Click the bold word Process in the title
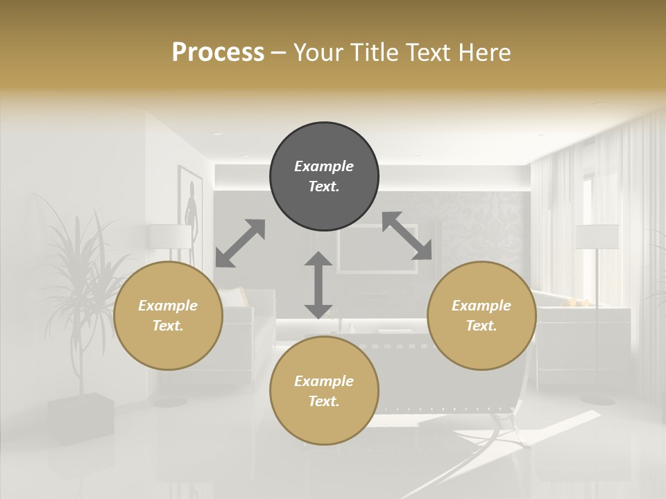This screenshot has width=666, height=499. coord(218,53)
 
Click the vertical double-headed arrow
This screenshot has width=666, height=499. coord(318,285)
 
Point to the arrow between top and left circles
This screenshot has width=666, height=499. coord(240,243)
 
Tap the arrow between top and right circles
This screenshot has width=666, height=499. coord(407,236)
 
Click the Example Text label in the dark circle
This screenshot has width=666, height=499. coord(324,176)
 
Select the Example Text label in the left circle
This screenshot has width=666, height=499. coord(168,315)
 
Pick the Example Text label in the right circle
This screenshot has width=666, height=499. coord(481,315)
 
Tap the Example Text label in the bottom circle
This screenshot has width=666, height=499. coord(324,391)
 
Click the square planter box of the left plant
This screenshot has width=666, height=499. coord(81,417)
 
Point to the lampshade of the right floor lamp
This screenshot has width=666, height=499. coord(597,236)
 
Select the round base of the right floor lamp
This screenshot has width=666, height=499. coord(597,399)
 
